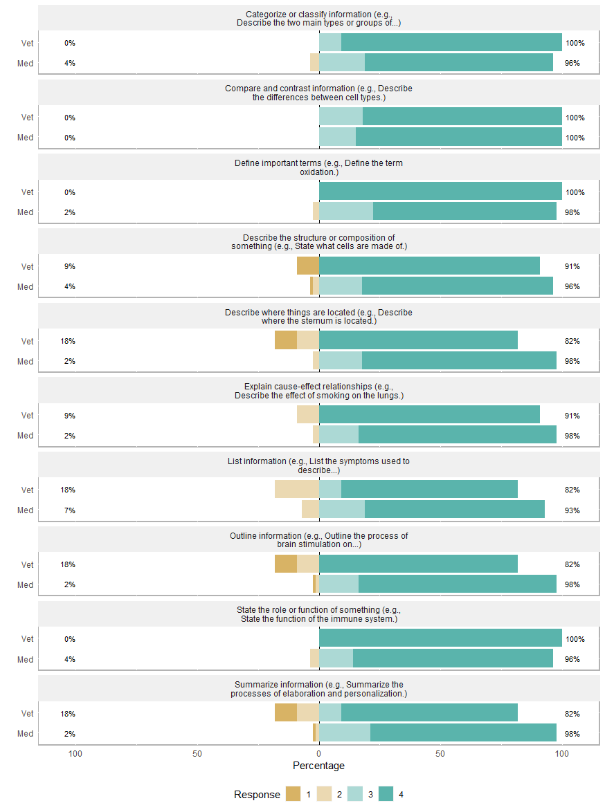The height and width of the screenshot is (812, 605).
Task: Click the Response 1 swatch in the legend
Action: (293, 794)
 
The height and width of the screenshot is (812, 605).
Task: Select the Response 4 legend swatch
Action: (386, 794)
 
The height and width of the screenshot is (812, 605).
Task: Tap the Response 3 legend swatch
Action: (354, 794)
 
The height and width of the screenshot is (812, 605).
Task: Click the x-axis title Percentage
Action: (318, 766)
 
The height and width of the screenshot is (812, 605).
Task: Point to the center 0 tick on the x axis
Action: (319, 753)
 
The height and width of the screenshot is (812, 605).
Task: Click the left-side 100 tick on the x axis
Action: (75, 753)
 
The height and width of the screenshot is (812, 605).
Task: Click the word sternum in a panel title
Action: (322, 321)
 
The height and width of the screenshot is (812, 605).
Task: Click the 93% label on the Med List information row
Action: (572, 510)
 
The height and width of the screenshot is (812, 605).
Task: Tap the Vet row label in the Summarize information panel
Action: (27, 714)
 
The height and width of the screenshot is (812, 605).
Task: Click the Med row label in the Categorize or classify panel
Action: (26, 63)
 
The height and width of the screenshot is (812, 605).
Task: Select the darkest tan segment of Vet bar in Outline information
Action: (286, 564)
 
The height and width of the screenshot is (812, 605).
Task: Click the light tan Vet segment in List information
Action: (297, 490)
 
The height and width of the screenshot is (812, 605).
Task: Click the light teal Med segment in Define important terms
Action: (346, 211)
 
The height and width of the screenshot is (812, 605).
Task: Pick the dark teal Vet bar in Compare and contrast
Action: (462, 117)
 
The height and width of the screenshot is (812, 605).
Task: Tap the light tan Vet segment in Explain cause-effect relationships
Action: (308, 414)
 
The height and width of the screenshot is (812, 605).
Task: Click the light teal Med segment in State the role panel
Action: (336, 658)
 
